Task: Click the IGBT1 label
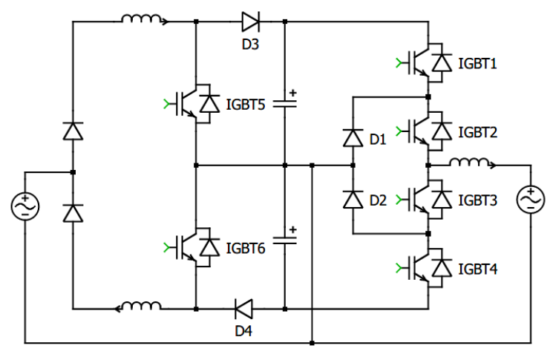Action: (477, 64)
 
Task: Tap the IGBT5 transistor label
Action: (246, 105)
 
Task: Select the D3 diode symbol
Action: (251, 22)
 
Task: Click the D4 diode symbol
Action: (243, 309)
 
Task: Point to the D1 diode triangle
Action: (353, 137)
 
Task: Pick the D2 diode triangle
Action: (353, 199)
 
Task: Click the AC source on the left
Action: (25, 206)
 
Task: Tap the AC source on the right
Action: (531, 199)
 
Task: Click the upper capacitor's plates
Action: (285, 103)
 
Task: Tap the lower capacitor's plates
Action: (285, 240)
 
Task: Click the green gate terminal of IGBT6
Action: (167, 248)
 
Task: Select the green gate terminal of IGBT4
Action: (399, 269)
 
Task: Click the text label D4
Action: (243, 331)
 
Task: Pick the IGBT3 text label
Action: (477, 200)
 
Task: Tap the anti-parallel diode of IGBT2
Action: (442, 131)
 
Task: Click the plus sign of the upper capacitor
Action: (293, 93)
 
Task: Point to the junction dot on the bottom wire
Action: (312, 343)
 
